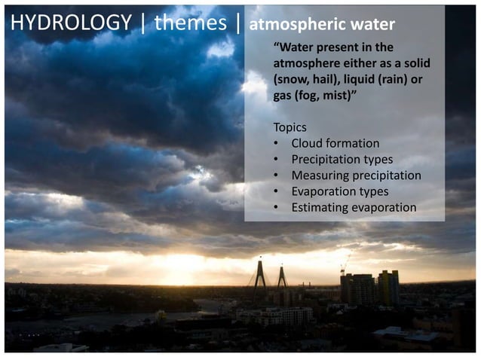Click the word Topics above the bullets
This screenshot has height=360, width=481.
[x=290, y=127]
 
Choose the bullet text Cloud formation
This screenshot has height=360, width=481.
[x=335, y=143]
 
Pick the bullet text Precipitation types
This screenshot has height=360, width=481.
[x=342, y=159]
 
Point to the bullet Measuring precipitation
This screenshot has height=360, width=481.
[x=356, y=175]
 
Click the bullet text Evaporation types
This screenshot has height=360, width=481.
[x=339, y=191]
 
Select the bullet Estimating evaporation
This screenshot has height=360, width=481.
[x=354, y=207]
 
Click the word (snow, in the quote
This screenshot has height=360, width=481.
[x=293, y=78]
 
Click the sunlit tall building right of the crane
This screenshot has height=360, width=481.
[x=388, y=286]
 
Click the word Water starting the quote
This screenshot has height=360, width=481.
[x=296, y=46]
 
